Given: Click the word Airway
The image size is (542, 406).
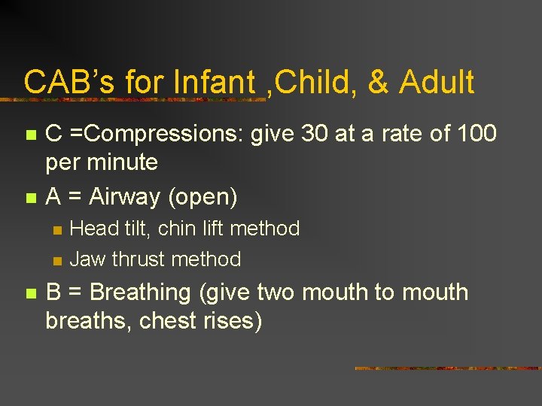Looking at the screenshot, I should point(126,197).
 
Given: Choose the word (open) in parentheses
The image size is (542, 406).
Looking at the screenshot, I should point(203,197).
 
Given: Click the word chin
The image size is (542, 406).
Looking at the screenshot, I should point(178,229).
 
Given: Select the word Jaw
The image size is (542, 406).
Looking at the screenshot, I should point(87,259).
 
